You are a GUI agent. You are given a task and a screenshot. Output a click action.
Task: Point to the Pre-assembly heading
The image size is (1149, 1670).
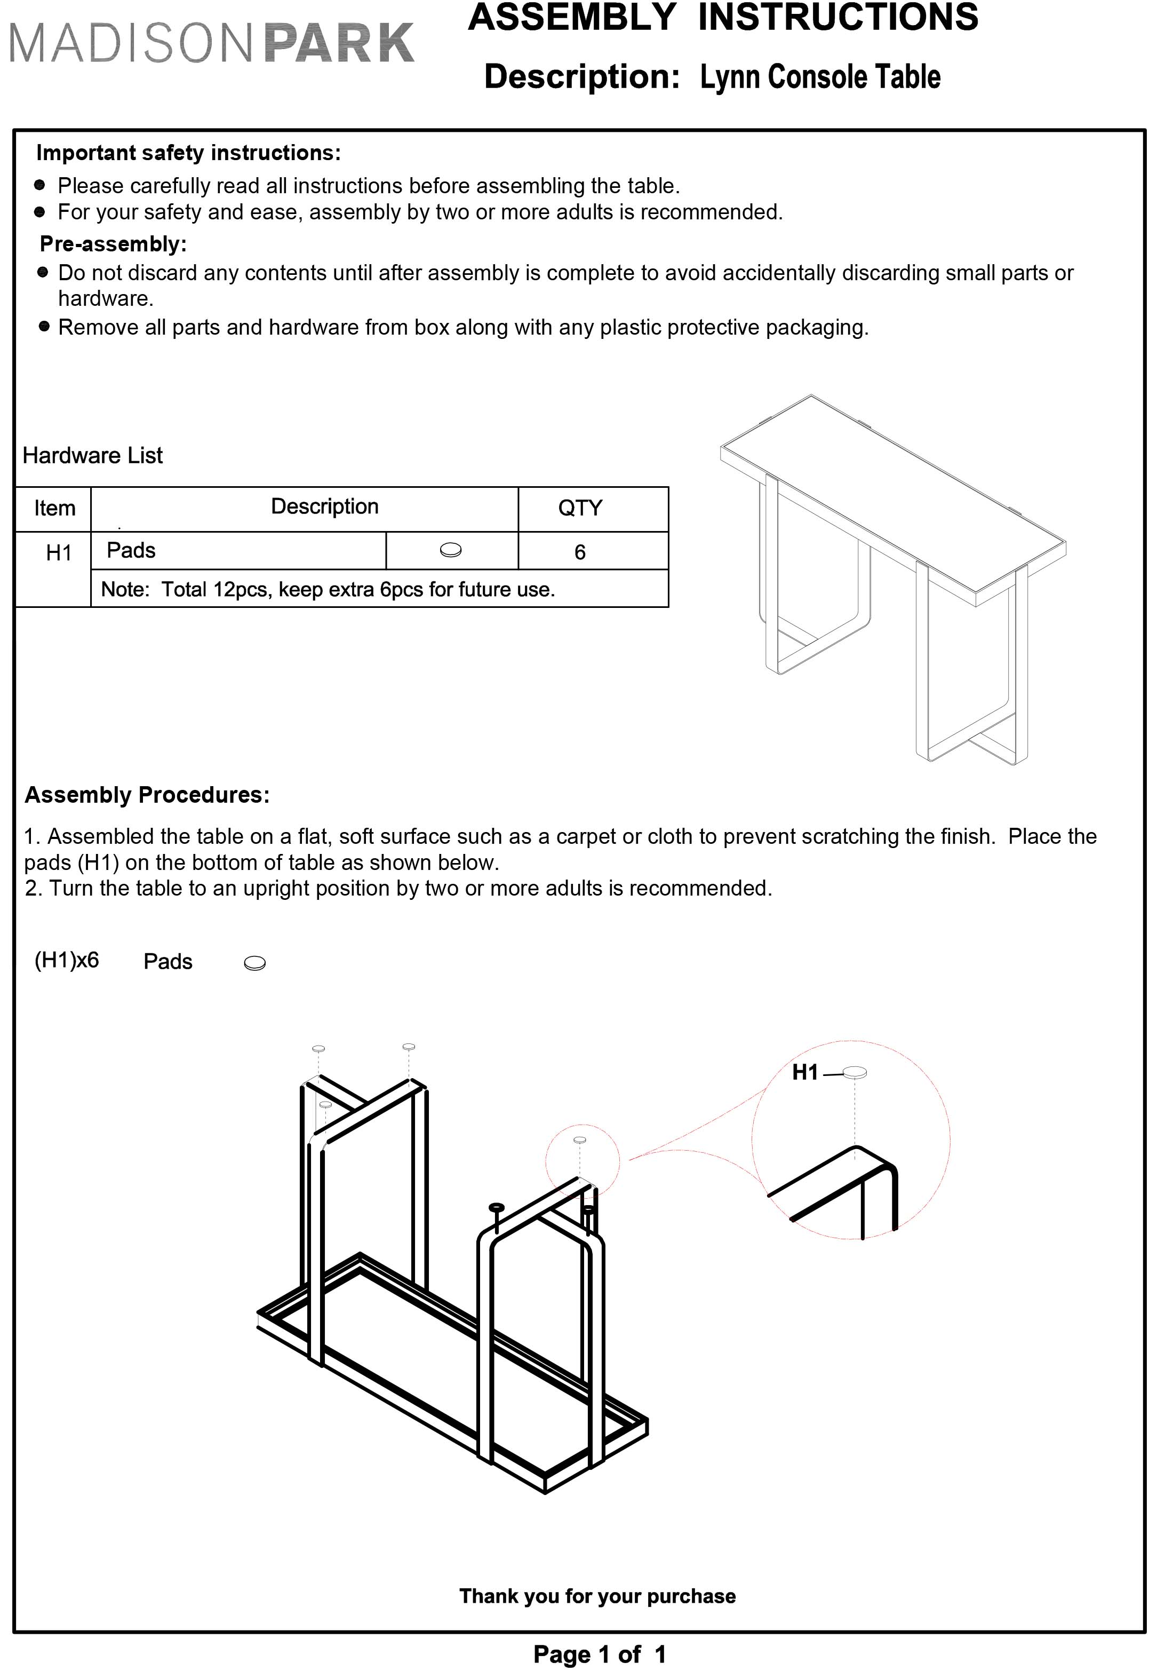click(x=113, y=244)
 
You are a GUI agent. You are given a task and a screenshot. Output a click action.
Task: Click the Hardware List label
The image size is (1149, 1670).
click(x=92, y=455)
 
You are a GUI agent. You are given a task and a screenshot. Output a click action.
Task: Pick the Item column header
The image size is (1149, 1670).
click(x=55, y=509)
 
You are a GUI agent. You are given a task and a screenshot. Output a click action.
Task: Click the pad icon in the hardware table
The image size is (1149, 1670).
click(x=451, y=551)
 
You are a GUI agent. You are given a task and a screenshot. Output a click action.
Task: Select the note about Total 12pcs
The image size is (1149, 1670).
click(x=328, y=590)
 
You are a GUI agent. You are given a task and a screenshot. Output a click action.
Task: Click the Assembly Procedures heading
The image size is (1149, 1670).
click(x=147, y=795)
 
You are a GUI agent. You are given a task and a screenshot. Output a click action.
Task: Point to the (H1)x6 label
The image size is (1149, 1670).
click(x=67, y=960)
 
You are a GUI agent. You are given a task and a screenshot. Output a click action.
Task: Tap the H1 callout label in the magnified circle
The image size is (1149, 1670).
click(x=805, y=1073)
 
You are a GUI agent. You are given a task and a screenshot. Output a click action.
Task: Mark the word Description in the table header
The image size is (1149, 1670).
click(x=325, y=507)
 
